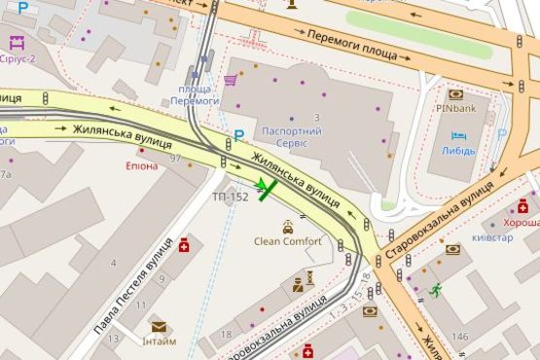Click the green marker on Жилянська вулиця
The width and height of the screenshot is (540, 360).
coord(266,186)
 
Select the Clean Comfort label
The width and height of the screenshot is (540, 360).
coord(287,241)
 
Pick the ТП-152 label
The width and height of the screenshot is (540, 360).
coord(231,197)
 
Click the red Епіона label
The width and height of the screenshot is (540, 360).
coord(141,165)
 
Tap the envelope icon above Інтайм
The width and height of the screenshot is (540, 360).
coord(158,326)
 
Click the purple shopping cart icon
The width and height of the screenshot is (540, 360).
coord(231,80)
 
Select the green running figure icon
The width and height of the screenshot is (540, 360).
coord(436,289)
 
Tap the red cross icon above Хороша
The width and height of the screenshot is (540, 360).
coord(522,205)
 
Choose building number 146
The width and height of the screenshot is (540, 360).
coord(459,337)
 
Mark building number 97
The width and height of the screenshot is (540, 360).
coord(176,158)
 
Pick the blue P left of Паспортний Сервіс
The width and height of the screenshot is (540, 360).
coord(238,135)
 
